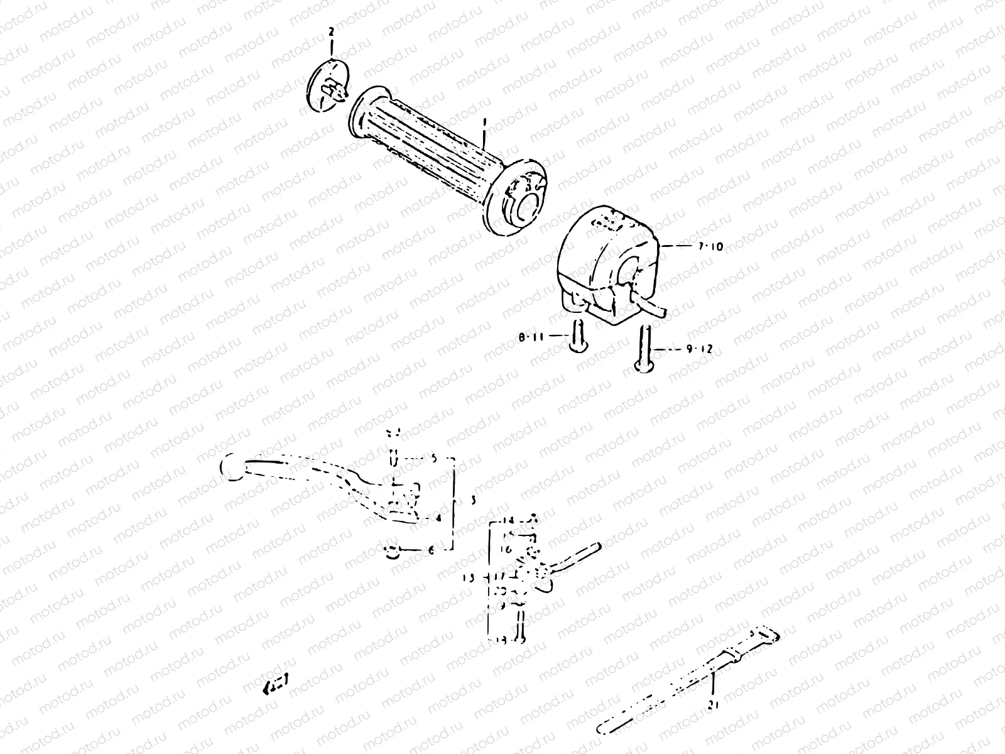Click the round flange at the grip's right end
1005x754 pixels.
coord(518,202)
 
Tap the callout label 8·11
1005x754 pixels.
coord(531,337)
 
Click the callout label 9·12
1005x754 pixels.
coord(699,349)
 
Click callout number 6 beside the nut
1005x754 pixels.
coord(430,550)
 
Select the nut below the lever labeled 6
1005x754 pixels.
coord(393,552)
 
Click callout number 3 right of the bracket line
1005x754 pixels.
coord(472,501)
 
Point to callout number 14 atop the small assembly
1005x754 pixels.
coord(508,521)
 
